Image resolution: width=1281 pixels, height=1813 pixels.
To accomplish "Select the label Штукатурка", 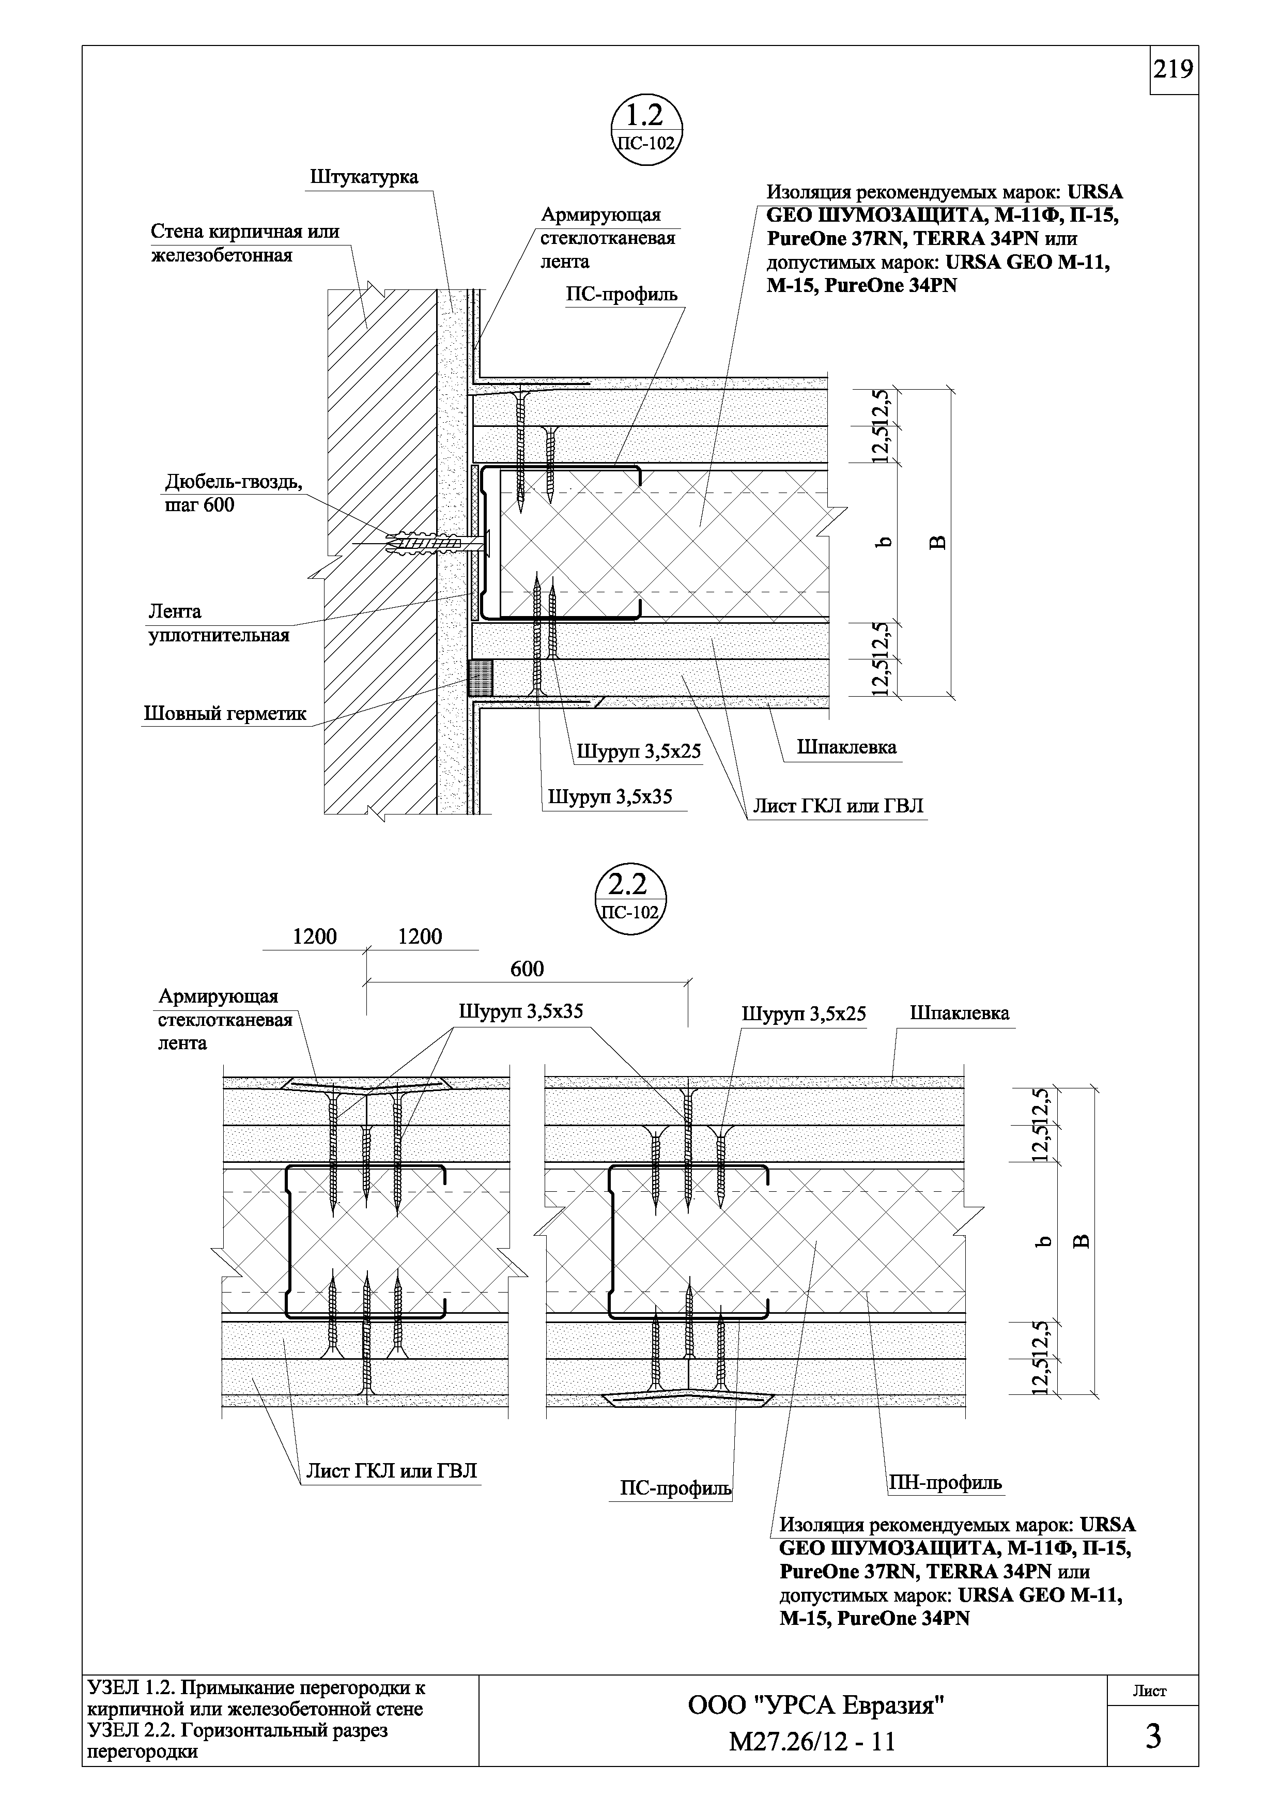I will (x=364, y=176).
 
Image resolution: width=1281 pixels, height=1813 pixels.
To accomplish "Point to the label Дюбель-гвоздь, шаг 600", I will (x=233, y=493).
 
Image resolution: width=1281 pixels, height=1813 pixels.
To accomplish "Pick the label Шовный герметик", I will (x=224, y=714).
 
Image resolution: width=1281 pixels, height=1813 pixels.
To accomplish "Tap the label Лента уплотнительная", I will (x=219, y=623).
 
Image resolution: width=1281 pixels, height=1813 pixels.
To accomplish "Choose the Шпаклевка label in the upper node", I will (x=846, y=747).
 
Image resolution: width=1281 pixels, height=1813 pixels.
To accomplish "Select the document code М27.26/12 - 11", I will (x=812, y=1741).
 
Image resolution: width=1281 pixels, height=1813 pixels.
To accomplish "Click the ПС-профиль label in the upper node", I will (x=621, y=295).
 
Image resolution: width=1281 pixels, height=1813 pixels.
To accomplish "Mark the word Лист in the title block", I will (x=1150, y=1691).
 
